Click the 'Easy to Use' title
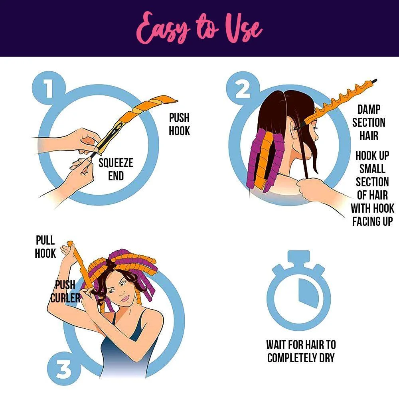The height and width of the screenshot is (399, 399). point(199,28)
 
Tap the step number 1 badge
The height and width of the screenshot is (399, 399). point(49,88)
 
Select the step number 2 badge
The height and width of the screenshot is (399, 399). point(243,88)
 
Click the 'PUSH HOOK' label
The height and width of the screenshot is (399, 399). point(180,124)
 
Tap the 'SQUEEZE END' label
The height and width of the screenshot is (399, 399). point(116,169)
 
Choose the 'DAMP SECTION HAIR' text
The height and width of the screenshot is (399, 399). point(369,122)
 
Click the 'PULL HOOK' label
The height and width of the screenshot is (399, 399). point(45,247)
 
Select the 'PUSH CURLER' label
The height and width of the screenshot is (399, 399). point(65,291)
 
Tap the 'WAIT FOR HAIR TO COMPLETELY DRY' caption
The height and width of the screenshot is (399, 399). point(301,351)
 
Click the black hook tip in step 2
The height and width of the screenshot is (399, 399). point(374,81)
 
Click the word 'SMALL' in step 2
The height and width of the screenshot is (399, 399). point(372,169)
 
